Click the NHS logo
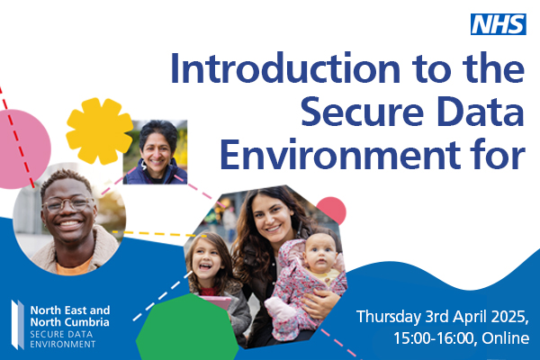[x=499, y=24]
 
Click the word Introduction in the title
[x=285, y=68]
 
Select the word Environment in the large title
[x=341, y=154]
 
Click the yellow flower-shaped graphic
[x=99, y=130]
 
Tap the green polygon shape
[x=188, y=328]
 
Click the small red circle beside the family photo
[x=331, y=211]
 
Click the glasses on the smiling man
[x=68, y=204]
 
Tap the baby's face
[x=319, y=253]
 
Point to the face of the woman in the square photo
[x=157, y=154]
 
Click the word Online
[x=506, y=338]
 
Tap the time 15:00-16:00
[x=435, y=338]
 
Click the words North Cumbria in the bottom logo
[x=70, y=322]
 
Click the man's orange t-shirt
[x=74, y=268]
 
